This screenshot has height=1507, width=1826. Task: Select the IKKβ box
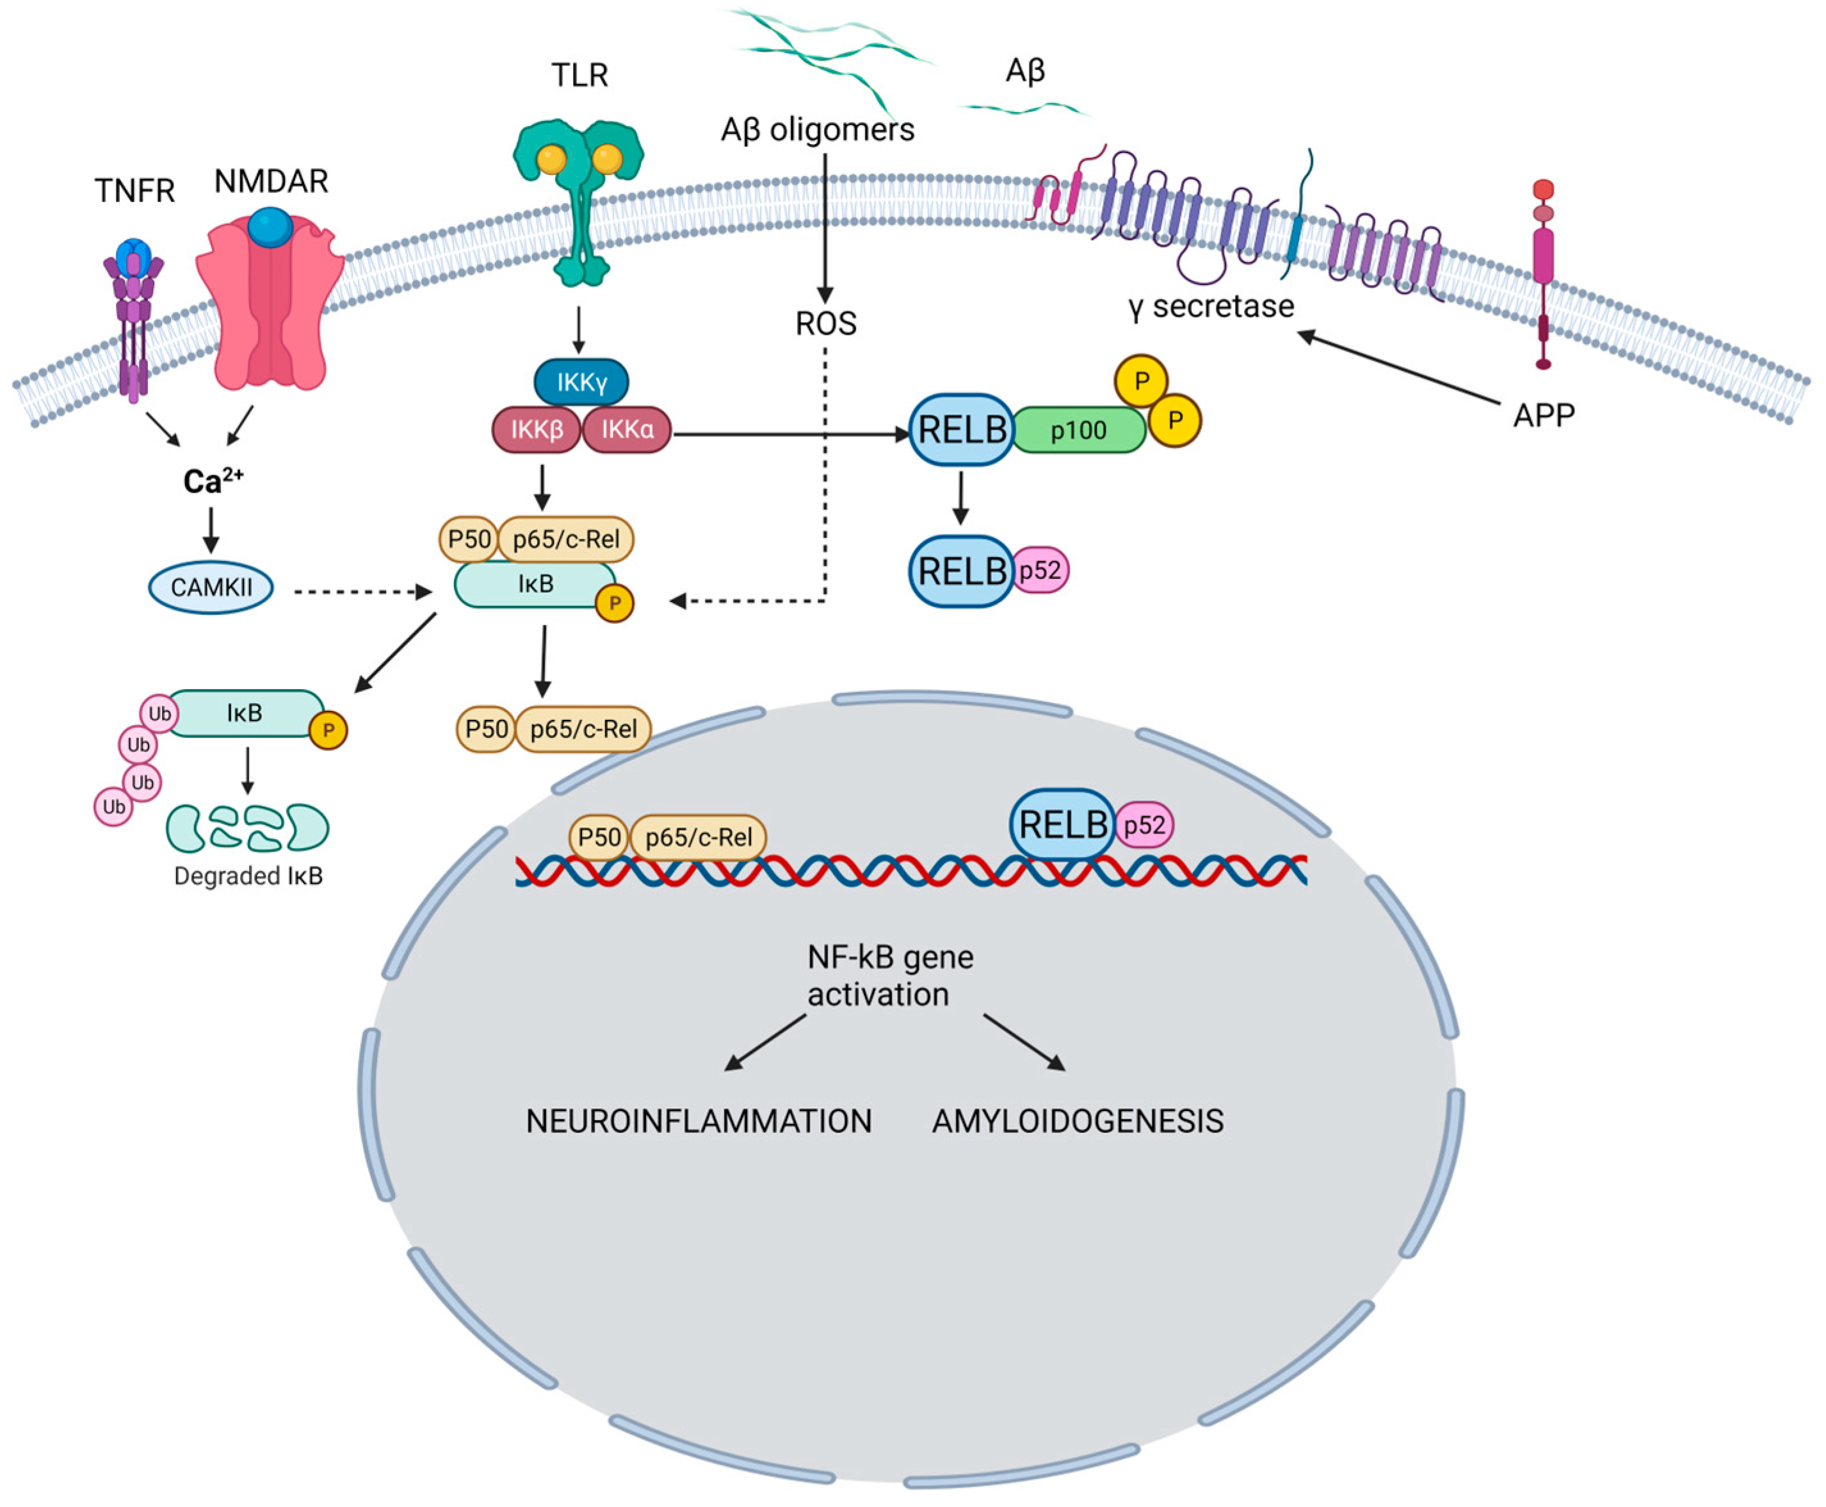pos(537,430)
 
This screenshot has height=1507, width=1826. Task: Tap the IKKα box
pos(627,430)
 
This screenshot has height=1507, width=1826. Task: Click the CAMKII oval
pos(211,588)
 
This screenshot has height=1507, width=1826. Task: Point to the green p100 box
pos(1078,430)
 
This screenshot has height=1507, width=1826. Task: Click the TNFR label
pos(134,191)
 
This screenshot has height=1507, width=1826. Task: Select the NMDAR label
pos(271,181)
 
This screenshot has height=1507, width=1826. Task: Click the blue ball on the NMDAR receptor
pos(270,227)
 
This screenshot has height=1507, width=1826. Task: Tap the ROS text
pos(825,324)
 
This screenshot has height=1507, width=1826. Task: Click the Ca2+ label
pos(213,480)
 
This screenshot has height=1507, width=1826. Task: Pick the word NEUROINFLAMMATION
pos(699,1121)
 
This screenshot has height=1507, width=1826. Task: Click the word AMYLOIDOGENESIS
pos(1077,1121)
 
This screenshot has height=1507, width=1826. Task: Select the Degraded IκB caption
pos(248,876)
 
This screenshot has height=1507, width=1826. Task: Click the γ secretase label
pos(1211,306)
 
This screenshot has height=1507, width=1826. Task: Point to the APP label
pos(1543,416)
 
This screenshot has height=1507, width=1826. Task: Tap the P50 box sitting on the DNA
pos(599,837)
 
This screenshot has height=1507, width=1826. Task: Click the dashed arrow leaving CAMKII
pos(360,592)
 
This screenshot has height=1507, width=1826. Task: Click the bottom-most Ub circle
pos(114,808)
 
